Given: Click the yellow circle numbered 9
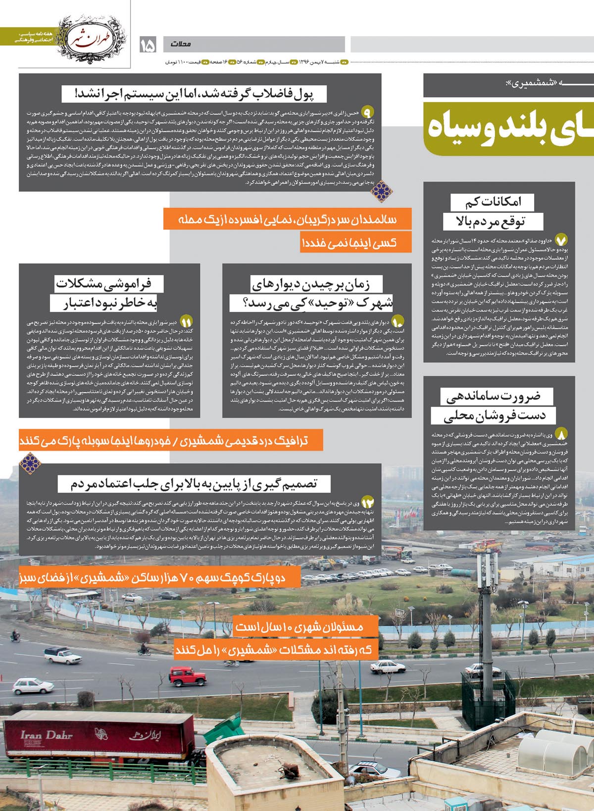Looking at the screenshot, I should click(x=368, y=111).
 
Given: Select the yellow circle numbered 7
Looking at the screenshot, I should click(x=561, y=241).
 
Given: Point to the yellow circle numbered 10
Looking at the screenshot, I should click(x=398, y=321).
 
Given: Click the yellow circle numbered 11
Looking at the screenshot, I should click(x=187, y=321).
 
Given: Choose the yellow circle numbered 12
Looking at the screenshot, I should click(x=368, y=502).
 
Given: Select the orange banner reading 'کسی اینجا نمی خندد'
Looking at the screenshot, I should click(x=355, y=243).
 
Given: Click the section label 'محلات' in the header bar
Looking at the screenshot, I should click(x=181, y=44).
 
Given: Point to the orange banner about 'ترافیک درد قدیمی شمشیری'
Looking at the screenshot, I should click(x=171, y=440).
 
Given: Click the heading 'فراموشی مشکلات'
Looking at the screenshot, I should click(x=110, y=284).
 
